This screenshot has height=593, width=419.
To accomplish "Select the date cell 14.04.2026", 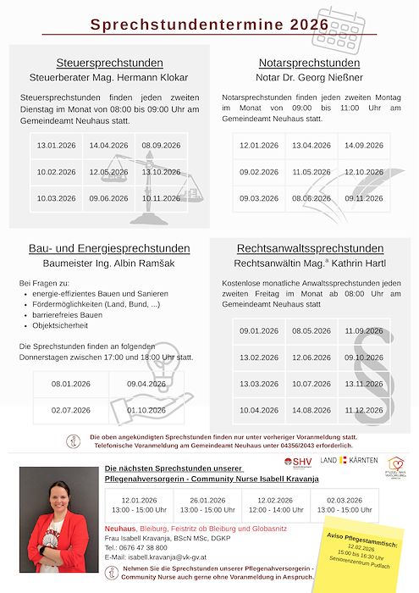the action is point(108,146).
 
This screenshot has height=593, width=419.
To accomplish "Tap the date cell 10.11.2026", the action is point(162,198).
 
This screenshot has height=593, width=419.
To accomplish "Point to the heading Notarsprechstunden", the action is point(309,63).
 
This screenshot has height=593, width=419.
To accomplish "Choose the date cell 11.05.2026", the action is point(311,172).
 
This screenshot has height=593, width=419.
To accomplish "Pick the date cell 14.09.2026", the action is point(364,146).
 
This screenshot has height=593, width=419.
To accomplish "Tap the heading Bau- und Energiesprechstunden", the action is point(109,248).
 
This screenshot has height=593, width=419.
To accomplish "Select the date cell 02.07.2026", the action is point(71,410).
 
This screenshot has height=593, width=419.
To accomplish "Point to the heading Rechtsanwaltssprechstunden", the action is point(310,248).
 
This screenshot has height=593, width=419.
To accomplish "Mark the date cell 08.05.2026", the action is point(311,330).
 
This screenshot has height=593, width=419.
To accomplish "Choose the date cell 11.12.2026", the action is point(364,410).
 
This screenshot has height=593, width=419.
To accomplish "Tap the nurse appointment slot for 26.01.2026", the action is point(207,505).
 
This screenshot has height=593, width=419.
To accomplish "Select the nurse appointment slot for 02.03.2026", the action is point(345,505).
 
